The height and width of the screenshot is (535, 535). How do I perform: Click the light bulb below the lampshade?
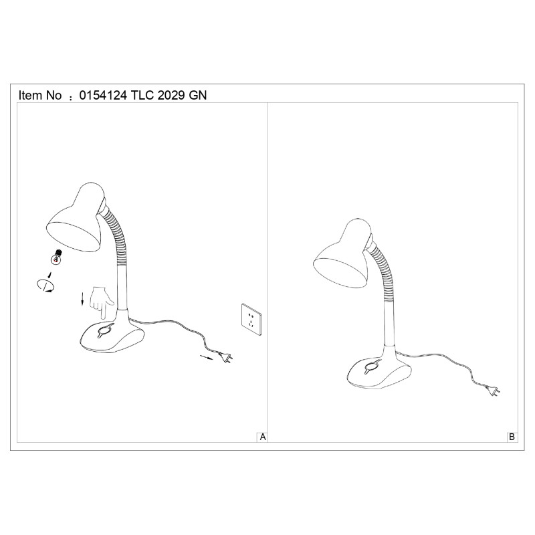point(57,257)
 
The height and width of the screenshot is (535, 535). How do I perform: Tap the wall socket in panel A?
point(252,319)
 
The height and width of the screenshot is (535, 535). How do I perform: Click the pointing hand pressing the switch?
point(102,302)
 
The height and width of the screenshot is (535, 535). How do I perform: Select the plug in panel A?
point(225,357)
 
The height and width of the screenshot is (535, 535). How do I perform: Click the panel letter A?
point(263,437)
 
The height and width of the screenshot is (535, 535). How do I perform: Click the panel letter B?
point(512,437)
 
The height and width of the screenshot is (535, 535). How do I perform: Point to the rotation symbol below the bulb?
point(45,286)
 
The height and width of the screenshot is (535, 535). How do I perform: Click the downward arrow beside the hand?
point(82,299)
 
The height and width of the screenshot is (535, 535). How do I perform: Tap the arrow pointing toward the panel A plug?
point(206,357)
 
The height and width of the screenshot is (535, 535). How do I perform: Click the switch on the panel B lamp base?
point(372,366)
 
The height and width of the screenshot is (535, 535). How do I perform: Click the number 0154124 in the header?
point(103,95)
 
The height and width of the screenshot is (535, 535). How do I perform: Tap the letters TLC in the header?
point(142,95)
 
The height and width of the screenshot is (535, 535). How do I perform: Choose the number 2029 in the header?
point(171,95)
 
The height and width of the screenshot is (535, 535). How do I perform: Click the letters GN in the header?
point(198,95)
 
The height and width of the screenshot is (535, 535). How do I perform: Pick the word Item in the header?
point(31,95)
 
